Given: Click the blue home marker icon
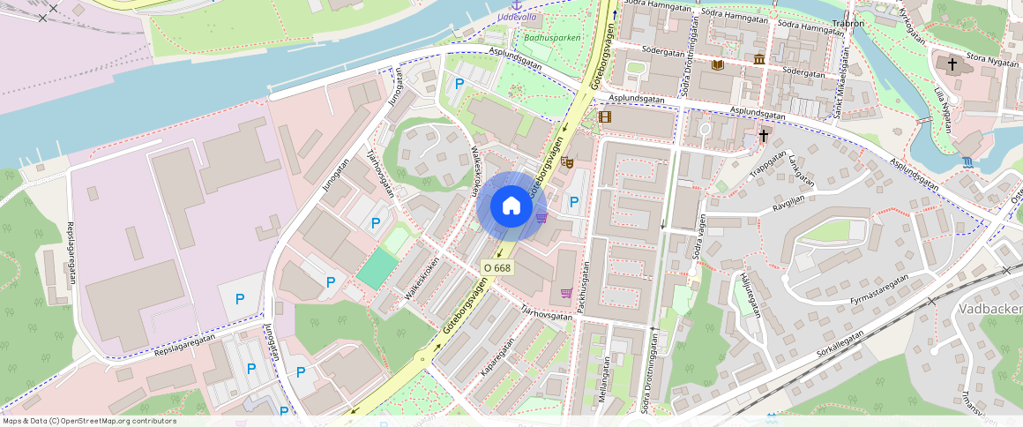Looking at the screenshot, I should pos(511,206).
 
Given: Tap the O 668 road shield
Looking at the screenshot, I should pos(497,267).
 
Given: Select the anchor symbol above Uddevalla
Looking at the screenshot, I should pos(517,5).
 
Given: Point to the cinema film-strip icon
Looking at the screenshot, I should pos(604,116).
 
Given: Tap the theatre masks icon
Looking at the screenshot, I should pos(567,161).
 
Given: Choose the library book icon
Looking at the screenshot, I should pos(718,65).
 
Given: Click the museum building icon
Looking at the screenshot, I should pos(759,59).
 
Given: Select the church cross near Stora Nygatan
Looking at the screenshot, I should pos(952,64).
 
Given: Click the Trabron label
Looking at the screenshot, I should pos(848,24).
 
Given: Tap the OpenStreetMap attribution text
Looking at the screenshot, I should pos(89,421).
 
